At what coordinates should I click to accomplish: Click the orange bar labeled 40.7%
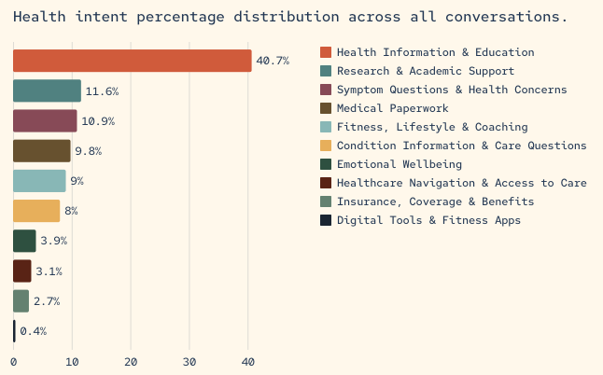[x=132, y=61]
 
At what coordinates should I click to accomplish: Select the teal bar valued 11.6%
[x=47, y=90]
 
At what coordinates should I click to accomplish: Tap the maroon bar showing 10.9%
[x=45, y=120]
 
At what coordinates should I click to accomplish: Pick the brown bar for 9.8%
[x=41, y=150]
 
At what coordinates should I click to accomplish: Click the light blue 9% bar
[x=39, y=181]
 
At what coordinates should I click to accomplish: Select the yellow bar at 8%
[x=36, y=211]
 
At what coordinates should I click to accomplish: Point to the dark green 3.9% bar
[x=24, y=241]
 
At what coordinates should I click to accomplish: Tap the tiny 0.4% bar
[x=14, y=331]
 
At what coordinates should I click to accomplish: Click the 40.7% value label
[x=273, y=61]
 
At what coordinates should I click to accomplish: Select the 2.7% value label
[x=47, y=301]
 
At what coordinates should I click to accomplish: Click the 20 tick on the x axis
[x=131, y=362]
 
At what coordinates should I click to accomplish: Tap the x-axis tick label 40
[x=248, y=362]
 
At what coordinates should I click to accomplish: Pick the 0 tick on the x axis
[x=13, y=362]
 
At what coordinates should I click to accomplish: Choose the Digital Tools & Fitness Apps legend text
[x=428, y=220]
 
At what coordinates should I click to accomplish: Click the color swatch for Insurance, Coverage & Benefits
[x=326, y=201]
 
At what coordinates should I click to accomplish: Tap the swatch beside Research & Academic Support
[x=326, y=71]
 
